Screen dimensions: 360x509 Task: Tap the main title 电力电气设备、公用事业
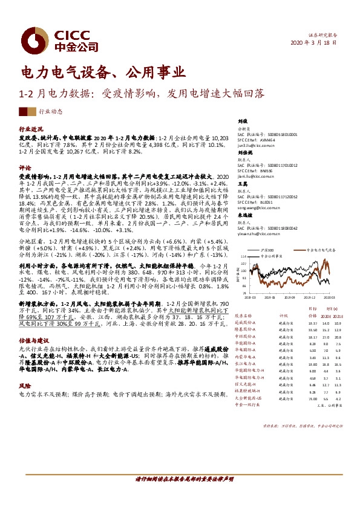tap(103, 74)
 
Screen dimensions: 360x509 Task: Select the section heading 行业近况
tap(31, 130)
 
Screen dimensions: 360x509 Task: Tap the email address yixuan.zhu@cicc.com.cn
tap(262, 232)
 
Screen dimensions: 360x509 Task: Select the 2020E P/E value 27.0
tap(326, 337)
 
